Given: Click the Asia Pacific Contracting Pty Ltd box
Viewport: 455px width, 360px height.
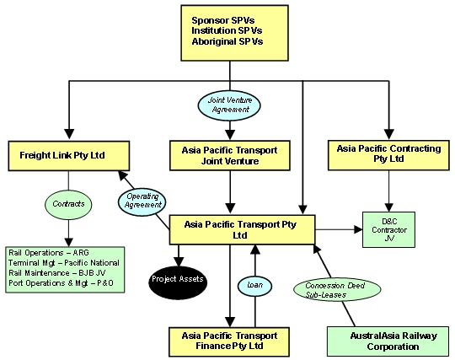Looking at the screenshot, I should tap(388, 153).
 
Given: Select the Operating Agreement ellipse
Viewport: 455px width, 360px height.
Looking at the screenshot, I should tap(141, 201).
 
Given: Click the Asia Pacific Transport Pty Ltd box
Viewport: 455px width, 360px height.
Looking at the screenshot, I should tap(243, 229).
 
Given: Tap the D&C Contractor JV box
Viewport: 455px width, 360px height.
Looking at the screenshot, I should tap(388, 229).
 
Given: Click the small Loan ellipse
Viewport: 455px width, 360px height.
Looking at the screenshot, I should tap(254, 284).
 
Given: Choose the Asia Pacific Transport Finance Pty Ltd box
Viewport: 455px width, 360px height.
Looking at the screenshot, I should tap(228, 341).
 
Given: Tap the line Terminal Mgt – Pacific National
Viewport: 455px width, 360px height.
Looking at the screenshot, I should tap(63, 264).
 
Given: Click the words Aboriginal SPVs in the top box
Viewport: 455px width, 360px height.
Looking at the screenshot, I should tap(227, 42).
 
